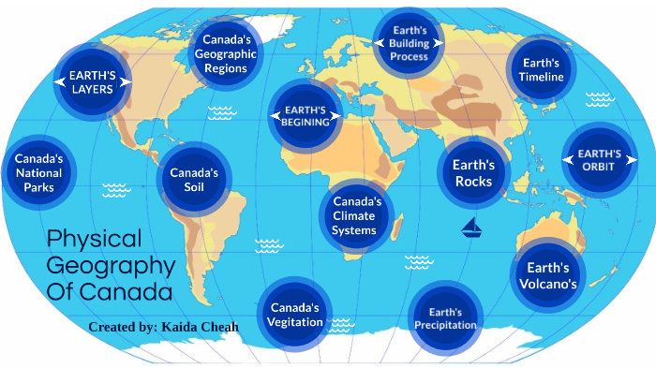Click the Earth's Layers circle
tap(92, 81)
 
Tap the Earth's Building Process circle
tap(409, 43)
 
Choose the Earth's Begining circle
tap(306, 114)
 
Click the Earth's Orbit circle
tap(600, 159)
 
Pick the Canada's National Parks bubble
tap(38, 172)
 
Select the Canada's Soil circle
tap(194, 179)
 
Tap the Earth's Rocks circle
tap(472, 172)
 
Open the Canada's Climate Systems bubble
tap(354, 215)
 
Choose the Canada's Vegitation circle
tap(296, 314)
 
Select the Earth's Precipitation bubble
tap(445, 318)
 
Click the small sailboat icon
tap(471, 227)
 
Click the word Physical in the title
tap(94, 238)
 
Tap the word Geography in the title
tap(111, 265)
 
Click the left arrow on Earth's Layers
tap(59, 81)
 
